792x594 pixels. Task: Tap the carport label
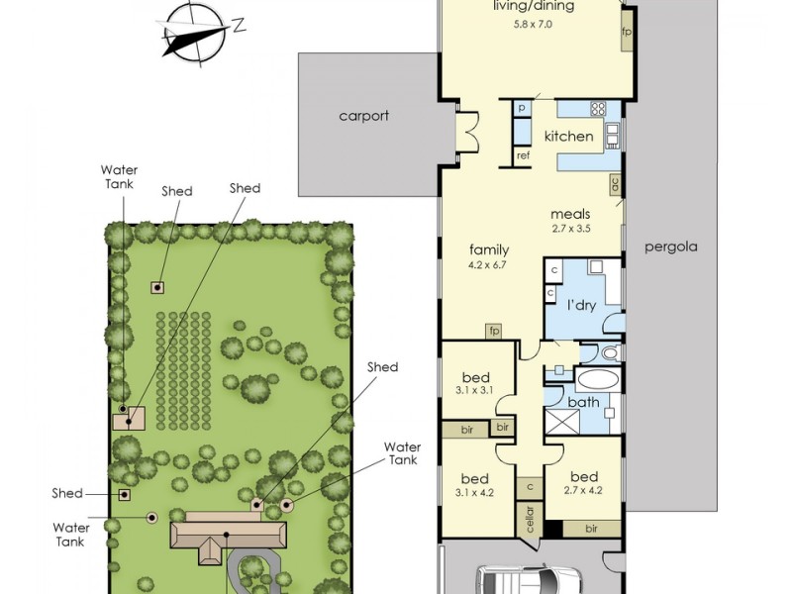[363, 116]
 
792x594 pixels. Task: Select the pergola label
[671, 247]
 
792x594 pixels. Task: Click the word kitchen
[568, 136]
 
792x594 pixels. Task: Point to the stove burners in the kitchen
[598, 109]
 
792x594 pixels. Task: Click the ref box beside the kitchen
[524, 156]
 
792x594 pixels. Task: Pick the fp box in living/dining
[627, 32]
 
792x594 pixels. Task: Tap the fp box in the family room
[494, 331]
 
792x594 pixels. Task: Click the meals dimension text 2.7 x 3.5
[571, 228]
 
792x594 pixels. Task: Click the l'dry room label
[581, 306]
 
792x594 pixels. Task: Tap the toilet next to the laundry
[610, 352]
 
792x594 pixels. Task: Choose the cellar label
[530, 519]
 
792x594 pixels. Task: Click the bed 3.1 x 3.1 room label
[476, 382]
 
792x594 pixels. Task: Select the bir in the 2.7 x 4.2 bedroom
[591, 529]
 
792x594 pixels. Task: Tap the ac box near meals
[615, 184]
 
